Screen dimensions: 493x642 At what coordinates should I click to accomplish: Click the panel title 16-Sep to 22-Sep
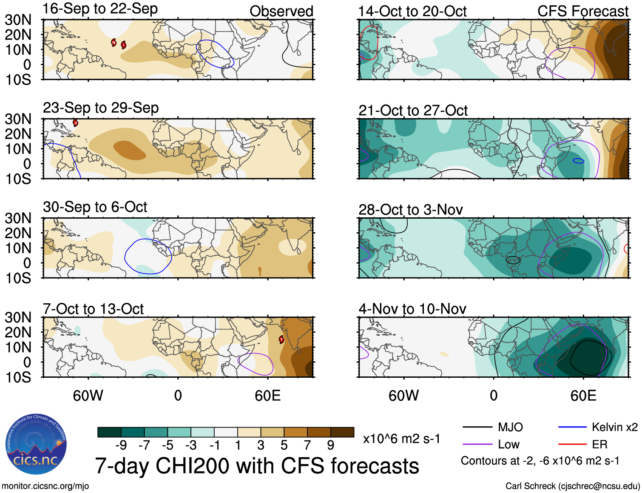[x=100, y=9]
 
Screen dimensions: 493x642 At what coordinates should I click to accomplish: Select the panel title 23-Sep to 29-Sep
[x=101, y=108]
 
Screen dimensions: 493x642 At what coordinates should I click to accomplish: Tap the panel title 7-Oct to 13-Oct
[x=93, y=309]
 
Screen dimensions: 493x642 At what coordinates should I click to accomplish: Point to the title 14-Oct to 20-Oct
[x=412, y=11]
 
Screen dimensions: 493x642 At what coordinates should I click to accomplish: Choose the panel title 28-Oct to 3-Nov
[x=410, y=210]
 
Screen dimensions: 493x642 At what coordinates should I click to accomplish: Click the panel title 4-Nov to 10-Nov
[x=412, y=309]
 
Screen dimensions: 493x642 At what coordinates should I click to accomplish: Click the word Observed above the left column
[x=281, y=11]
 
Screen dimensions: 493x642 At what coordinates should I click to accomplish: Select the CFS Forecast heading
[x=582, y=11]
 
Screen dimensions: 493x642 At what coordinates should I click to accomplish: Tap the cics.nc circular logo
[x=36, y=445]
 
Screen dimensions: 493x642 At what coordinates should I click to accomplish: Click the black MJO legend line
[x=477, y=427]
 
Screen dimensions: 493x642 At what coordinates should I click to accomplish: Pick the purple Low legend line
[x=477, y=445]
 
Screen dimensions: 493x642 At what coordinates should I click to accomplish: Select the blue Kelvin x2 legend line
[x=572, y=427]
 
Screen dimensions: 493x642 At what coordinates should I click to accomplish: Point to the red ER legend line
[x=572, y=445]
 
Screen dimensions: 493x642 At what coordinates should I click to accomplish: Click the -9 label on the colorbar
[x=121, y=445]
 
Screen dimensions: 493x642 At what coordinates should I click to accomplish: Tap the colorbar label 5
[x=284, y=445]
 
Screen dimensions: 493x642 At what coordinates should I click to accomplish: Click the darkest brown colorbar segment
[x=342, y=432]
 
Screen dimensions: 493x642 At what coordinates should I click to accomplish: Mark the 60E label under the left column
[x=267, y=396]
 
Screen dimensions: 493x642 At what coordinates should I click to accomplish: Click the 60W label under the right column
[x=403, y=396]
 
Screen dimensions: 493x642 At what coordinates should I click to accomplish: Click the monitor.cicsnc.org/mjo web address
[x=45, y=486]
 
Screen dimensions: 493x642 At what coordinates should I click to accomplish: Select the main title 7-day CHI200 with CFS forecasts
[x=257, y=466]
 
